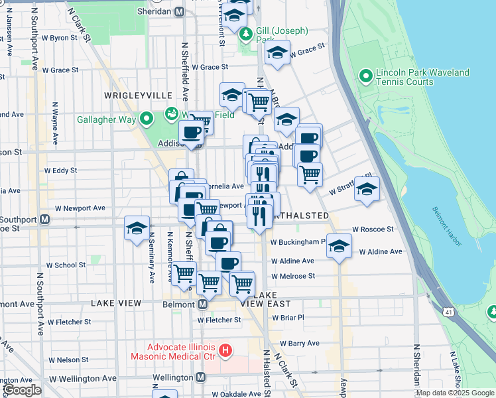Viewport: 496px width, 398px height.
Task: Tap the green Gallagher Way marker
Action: click(x=147, y=119)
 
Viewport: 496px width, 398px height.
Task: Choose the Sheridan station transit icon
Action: click(x=180, y=12)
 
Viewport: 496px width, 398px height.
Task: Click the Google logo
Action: click(x=22, y=390)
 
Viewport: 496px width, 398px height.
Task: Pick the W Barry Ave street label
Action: click(x=299, y=343)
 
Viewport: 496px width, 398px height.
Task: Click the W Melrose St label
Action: click(x=292, y=276)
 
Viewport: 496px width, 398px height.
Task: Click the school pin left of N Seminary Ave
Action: click(x=137, y=229)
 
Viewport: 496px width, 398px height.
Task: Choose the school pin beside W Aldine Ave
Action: click(x=339, y=247)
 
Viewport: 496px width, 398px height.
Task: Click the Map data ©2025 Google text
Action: click(x=454, y=393)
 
